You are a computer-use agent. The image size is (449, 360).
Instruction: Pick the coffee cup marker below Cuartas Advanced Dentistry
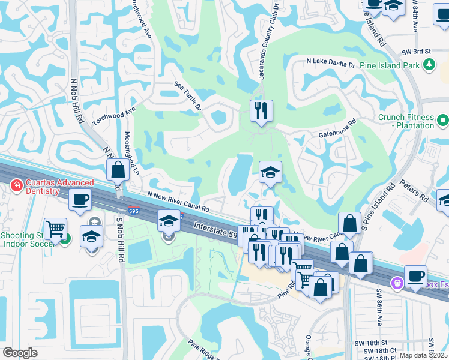coord(79,200)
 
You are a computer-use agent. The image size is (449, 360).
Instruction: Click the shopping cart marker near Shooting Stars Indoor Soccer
coord(55,228)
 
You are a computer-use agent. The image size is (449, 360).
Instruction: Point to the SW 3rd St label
coord(419,52)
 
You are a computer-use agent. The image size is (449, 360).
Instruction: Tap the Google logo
coord(20,353)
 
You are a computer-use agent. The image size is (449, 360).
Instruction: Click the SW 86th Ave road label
coord(379,307)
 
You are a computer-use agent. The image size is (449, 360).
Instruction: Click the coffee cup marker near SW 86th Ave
coord(415,276)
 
